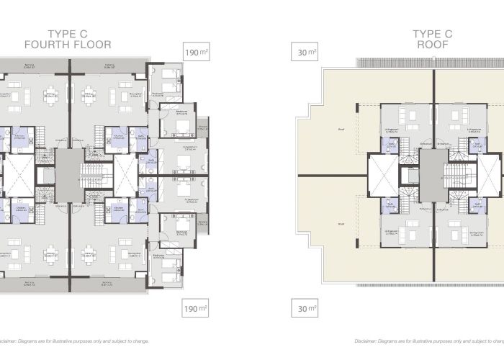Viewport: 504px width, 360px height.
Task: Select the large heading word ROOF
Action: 432,45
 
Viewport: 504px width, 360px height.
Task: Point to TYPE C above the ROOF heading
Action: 432,34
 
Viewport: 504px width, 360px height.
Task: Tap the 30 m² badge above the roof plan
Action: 306,52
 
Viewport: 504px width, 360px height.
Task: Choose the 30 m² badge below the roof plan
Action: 306,310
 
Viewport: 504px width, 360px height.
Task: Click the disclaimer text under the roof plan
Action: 429,341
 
